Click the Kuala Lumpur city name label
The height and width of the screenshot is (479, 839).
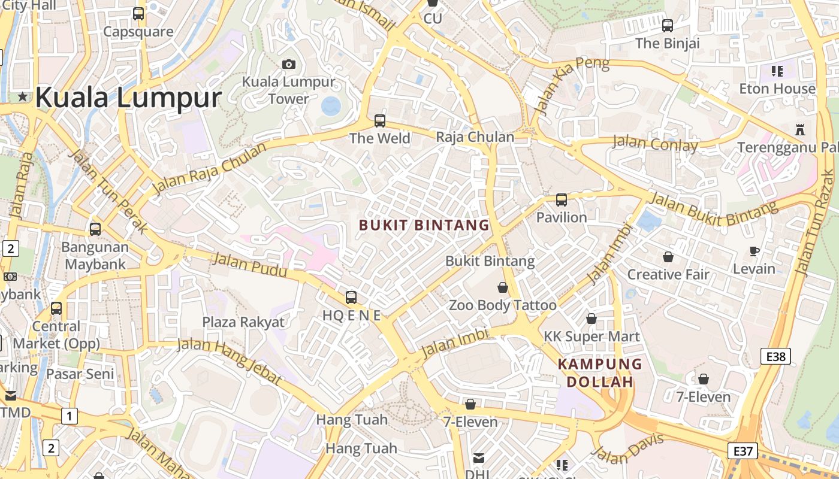pyautogui.click(x=128, y=97)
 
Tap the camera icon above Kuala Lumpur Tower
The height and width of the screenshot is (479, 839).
pyautogui.click(x=289, y=64)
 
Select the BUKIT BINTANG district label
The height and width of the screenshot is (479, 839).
pyautogui.click(x=424, y=225)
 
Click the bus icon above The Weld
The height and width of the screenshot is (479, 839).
pyautogui.click(x=380, y=121)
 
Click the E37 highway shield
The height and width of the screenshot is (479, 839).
pyautogui.click(x=743, y=450)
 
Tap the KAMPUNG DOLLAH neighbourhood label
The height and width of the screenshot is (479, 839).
pyautogui.click(x=600, y=372)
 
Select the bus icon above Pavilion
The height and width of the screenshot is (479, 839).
pyautogui.click(x=561, y=200)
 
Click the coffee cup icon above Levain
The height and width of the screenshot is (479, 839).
pyautogui.click(x=755, y=251)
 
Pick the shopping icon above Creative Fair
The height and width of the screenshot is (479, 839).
pyautogui.click(x=668, y=257)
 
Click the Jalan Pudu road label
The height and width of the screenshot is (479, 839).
pyautogui.click(x=250, y=265)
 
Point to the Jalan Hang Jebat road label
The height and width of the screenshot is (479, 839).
pyautogui.click(x=230, y=360)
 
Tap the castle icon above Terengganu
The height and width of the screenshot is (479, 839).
pyautogui.click(x=799, y=129)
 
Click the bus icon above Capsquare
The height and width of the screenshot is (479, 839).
pyautogui.click(x=138, y=13)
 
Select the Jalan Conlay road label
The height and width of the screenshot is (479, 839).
pyautogui.click(x=654, y=144)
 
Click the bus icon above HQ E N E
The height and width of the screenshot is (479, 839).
pyautogui.click(x=351, y=297)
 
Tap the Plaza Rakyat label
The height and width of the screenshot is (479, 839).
pyautogui.click(x=243, y=322)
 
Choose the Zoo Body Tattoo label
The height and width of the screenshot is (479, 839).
pyautogui.click(x=503, y=305)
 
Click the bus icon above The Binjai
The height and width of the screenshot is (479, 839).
pyautogui.click(x=668, y=26)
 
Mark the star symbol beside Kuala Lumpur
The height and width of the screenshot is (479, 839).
pyautogui.click(x=23, y=96)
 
